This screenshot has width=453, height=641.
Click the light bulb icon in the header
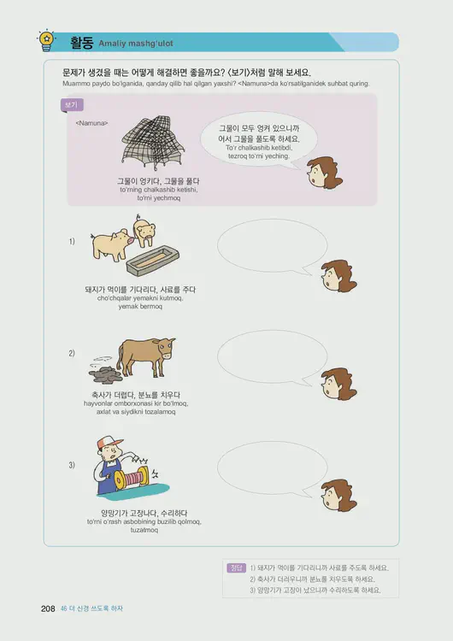coord(47,40)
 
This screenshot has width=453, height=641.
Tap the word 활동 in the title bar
coord(82,43)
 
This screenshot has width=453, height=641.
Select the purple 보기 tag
coord(72,105)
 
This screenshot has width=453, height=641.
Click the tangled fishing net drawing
coord(153,143)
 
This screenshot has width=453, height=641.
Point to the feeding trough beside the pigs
coord(152,261)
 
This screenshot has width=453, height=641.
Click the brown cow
coord(145,356)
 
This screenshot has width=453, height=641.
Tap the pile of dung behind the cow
coord(105,374)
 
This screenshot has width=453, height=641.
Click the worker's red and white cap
coord(109,443)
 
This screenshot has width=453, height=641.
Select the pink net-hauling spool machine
coord(131,479)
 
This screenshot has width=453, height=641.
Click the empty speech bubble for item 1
coord(273,246)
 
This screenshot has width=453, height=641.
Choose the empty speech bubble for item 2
coord(273,357)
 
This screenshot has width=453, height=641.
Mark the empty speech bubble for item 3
coord(273,469)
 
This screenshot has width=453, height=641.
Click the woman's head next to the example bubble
coord(324,172)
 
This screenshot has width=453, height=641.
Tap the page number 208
coord(48,609)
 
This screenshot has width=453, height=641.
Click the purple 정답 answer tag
coord(236,567)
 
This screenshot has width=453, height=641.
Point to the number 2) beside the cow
coord(72,353)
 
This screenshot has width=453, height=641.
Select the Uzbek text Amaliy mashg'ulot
coord(136,44)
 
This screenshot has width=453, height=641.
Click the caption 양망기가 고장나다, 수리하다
coord(144,513)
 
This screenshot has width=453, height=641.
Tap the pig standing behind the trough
coord(144,231)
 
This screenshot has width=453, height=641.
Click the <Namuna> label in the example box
coord(92,123)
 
